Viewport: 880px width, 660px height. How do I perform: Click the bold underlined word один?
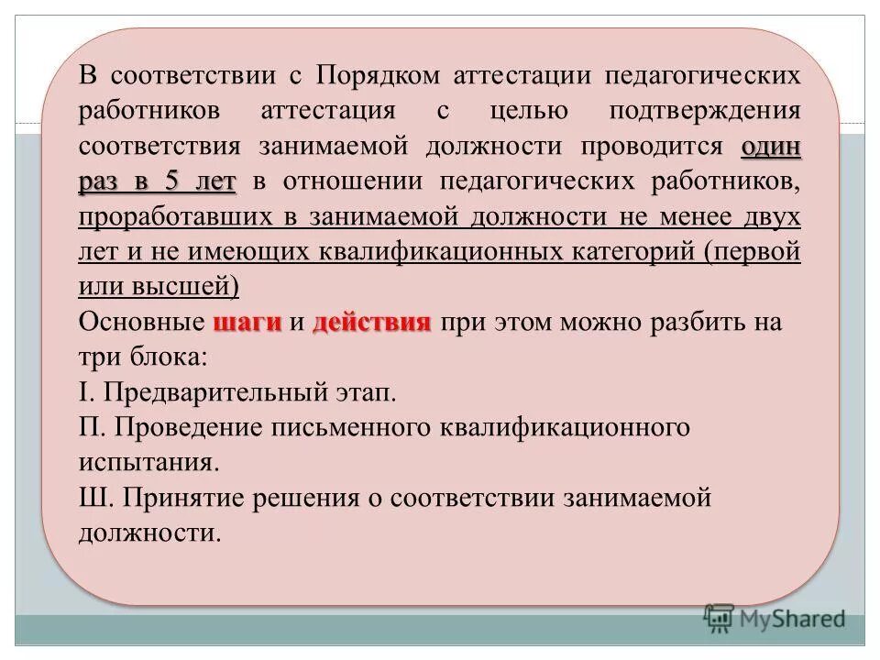point(771,147)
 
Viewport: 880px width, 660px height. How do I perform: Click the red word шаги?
point(247,323)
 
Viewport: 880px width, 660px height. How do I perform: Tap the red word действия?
point(371,323)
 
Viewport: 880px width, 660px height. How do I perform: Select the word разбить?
point(668,323)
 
